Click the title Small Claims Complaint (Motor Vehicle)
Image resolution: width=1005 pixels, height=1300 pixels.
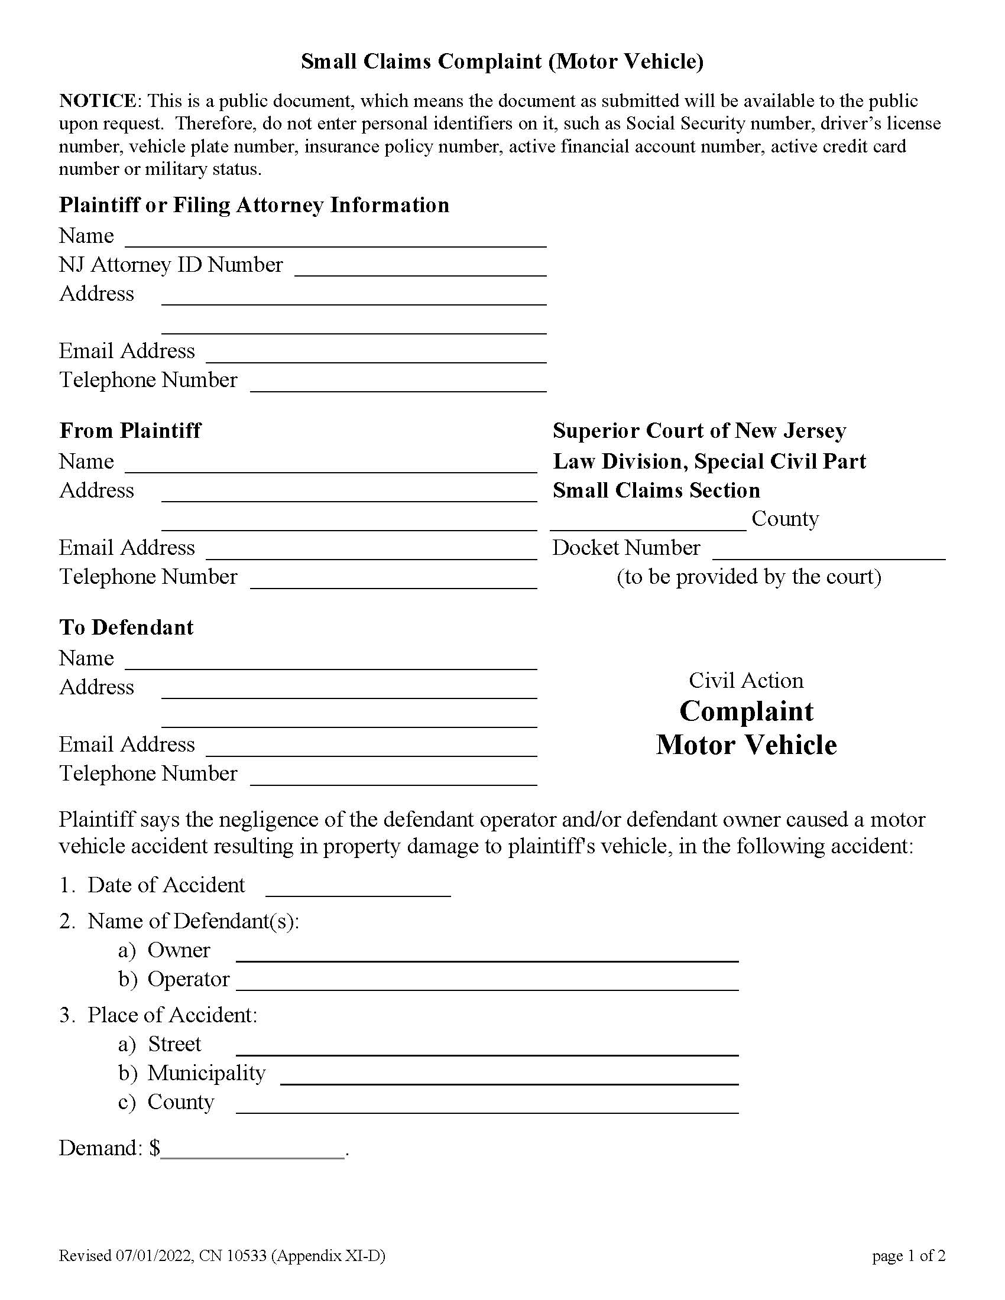[502, 61]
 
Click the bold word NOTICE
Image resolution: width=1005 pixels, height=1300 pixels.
[98, 100]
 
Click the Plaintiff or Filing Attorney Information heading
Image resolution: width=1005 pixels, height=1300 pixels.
[254, 205]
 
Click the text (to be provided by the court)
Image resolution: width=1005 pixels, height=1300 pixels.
[748, 577]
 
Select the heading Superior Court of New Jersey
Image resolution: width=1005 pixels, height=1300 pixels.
[699, 430]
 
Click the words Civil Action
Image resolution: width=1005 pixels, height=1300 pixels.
[746, 680]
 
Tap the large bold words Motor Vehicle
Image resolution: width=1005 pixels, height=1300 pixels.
[746, 745]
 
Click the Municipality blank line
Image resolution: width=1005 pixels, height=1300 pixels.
[509, 1075]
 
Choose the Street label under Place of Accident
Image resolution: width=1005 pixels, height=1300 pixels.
[174, 1044]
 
